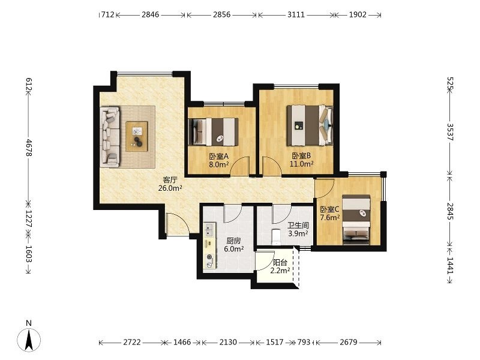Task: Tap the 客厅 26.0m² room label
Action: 170,184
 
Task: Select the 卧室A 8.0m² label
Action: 219,160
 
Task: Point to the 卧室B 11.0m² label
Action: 302,160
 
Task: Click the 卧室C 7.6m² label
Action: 329,214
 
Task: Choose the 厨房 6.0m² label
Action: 234,245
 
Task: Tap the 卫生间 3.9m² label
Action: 298,230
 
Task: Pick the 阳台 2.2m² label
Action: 280,266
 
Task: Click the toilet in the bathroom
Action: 276,236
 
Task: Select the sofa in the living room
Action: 110,137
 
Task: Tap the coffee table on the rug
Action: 137,136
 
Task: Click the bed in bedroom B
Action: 310,125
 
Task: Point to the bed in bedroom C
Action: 356,220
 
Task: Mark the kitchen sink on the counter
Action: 209,230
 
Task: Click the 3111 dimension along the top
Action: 296,14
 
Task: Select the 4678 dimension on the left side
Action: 29,148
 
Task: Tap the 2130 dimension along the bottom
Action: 228,342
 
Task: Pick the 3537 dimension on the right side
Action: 450,132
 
